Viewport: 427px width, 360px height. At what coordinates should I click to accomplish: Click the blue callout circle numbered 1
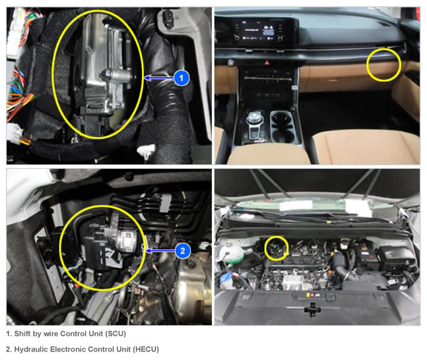click(181, 78)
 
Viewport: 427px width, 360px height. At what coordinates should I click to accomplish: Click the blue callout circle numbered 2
click(183, 251)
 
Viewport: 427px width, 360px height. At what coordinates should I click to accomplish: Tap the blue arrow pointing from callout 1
click(159, 78)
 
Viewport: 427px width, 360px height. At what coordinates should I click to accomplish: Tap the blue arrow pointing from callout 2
click(160, 251)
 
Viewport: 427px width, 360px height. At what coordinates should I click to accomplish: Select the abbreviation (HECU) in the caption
click(146, 349)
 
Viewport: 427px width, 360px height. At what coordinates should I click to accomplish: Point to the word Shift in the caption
click(22, 334)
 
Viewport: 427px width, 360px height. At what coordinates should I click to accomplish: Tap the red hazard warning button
click(267, 63)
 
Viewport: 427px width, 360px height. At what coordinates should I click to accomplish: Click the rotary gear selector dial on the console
click(254, 118)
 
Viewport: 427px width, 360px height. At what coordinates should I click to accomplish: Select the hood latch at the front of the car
click(312, 309)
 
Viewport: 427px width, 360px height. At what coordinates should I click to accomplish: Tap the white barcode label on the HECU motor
click(128, 241)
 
